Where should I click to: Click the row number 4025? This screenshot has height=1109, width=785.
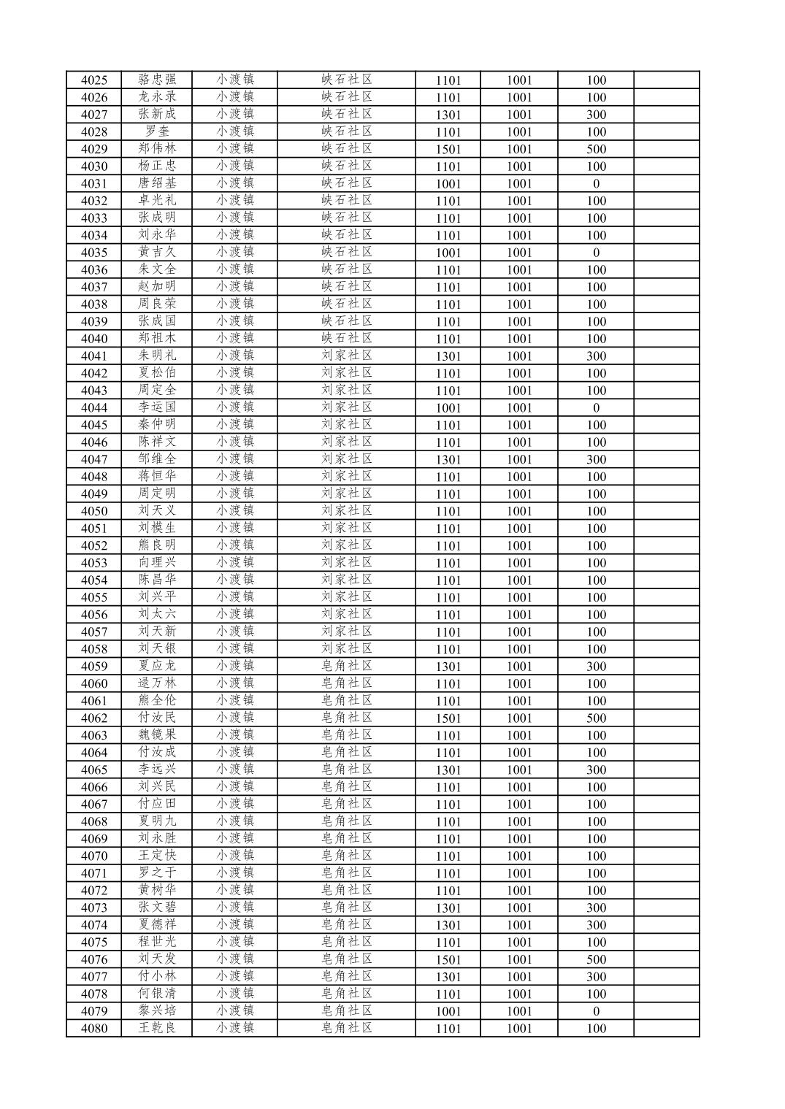tap(93, 80)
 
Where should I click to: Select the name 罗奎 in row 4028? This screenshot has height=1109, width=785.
tap(157, 131)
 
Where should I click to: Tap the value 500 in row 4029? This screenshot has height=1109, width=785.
tap(596, 149)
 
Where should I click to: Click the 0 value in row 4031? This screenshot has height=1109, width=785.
tap(596, 183)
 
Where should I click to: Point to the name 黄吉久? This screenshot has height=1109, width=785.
tap(157, 252)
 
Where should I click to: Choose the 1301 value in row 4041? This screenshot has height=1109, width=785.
tap(448, 356)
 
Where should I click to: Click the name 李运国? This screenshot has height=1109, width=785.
tap(157, 407)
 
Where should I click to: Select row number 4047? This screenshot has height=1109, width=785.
tap(93, 459)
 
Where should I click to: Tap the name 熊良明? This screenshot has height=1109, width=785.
tap(157, 545)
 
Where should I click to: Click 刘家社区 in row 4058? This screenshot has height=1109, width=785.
tap(347, 648)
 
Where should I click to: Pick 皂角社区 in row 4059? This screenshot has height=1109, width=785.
tap(347, 666)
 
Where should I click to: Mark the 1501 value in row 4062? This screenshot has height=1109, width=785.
tap(448, 718)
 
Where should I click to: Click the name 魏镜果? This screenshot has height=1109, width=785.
tap(157, 735)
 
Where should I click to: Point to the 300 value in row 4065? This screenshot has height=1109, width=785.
tap(596, 770)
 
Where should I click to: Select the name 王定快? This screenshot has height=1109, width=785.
tap(157, 856)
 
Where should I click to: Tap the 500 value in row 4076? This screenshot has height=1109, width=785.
tap(596, 959)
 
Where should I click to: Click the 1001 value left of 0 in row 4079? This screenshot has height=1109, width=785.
tap(519, 1011)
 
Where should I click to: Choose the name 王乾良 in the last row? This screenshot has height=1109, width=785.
tap(157, 1028)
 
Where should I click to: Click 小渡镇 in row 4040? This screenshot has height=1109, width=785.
tap(235, 339)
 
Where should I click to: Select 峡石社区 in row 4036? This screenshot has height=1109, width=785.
tap(347, 269)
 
